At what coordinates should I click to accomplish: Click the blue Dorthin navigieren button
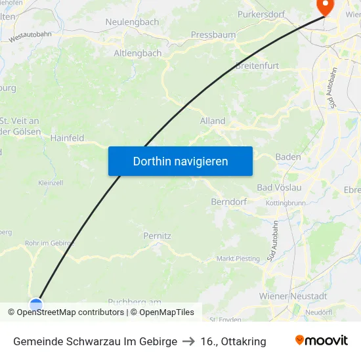pos(180,161)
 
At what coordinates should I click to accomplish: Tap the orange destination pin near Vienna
pos(325,6)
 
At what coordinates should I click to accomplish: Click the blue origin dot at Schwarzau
pos(36,305)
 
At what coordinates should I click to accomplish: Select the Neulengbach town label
pos(132,22)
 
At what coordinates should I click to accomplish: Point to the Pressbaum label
pos(213,34)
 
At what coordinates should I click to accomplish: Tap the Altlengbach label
pos(137,53)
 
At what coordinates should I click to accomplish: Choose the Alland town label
pos(213,121)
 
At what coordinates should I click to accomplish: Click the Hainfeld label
pos(68,138)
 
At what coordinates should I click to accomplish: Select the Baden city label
pos(288,157)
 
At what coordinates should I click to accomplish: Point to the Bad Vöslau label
pos(279,188)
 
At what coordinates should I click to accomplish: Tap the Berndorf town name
pos(228,202)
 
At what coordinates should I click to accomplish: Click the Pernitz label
pos(157,235)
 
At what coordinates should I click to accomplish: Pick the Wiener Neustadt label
pos(293,296)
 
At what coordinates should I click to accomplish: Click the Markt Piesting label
pos(238,259)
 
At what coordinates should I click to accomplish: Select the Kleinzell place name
pos(51,182)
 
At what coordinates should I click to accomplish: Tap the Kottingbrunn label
pos(287,203)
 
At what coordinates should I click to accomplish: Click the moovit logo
pos(322,341)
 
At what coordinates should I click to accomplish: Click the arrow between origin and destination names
pos(189,341)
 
